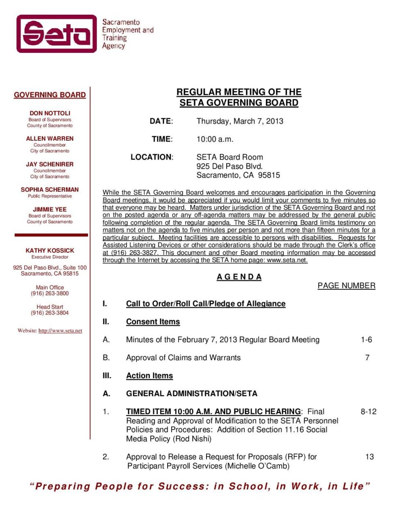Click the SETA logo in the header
(x=57, y=34)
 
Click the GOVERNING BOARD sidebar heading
(x=50, y=95)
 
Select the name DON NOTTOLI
(x=50, y=113)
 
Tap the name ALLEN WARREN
(x=50, y=139)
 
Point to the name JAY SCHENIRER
(x=50, y=164)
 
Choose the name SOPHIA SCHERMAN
(x=50, y=190)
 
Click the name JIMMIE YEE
(x=50, y=209)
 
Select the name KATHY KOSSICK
(x=50, y=250)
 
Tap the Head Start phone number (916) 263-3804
(x=50, y=313)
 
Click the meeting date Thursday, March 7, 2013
(x=240, y=121)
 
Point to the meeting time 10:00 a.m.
(x=215, y=139)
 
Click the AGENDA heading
(x=239, y=277)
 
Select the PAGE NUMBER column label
(x=346, y=286)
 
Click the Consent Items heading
(x=153, y=322)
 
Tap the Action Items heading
(x=150, y=375)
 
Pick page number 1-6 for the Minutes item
(x=366, y=340)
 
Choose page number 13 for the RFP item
(x=370, y=457)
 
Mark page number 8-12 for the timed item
(x=368, y=412)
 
